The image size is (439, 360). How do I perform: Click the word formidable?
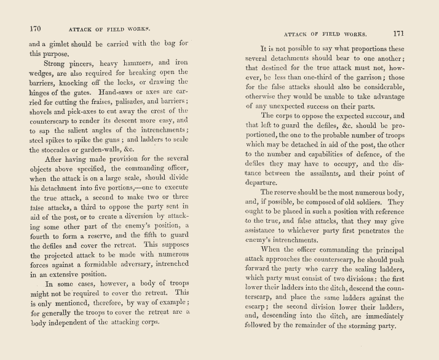pos(108,281)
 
